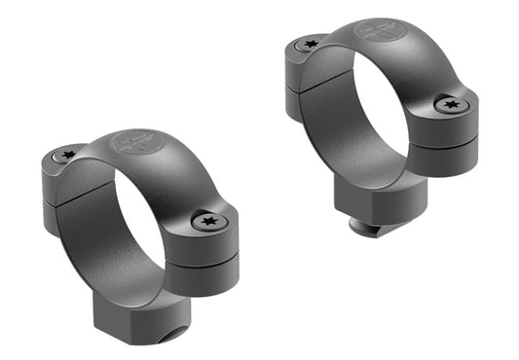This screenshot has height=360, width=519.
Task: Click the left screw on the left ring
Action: tap(68, 155)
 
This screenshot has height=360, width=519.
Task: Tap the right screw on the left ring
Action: tap(211, 223)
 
